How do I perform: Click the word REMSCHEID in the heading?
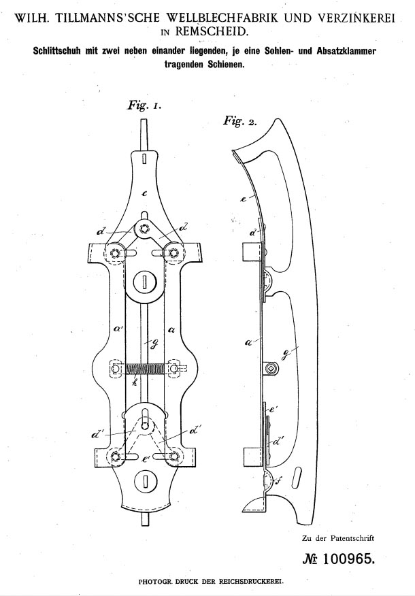pos(212,31)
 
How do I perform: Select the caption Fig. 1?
pos(144,105)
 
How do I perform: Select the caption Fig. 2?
pos(239,121)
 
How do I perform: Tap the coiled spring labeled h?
pos(144,369)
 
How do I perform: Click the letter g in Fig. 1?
pos(154,342)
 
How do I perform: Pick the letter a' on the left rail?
pos(118,329)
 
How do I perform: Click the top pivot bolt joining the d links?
pos(144,229)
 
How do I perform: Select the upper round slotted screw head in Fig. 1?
pos(145,282)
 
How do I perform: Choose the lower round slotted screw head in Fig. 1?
pos(145,481)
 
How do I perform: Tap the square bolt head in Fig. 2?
pos(270,368)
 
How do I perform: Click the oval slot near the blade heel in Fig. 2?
pos(297,477)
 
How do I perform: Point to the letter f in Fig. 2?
pos(278,482)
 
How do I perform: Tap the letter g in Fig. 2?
pos(286,354)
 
